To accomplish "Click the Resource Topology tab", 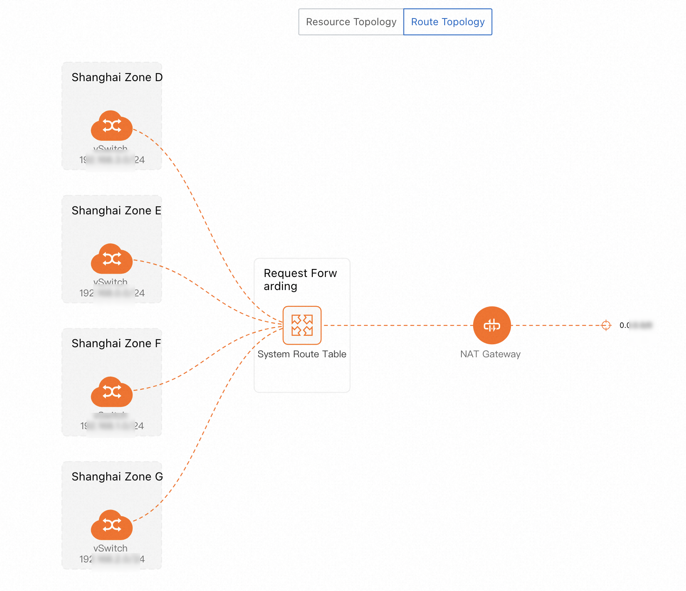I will click(x=351, y=22).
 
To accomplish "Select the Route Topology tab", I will click(x=448, y=22).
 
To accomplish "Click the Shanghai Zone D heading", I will click(x=117, y=77).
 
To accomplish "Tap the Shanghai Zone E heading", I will click(x=116, y=211).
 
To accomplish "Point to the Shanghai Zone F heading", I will click(x=116, y=343).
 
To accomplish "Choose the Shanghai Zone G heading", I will click(x=117, y=477).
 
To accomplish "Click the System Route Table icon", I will click(x=302, y=325).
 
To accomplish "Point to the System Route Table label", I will click(x=302, y=354).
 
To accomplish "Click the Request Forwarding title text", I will click(x=300, y=280).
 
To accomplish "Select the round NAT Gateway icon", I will click(x=492, y=325).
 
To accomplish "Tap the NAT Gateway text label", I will click(x=490, y=354).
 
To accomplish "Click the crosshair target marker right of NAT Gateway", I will click(x=606, y=325).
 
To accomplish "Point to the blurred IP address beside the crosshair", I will click(x=636, y=325).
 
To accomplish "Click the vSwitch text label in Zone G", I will click(x=110, y=548).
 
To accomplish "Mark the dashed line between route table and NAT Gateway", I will click(x=399, y=325).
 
